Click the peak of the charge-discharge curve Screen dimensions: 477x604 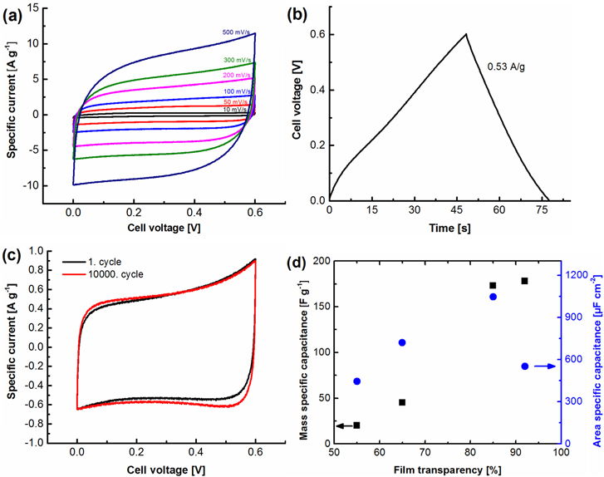(466, 34)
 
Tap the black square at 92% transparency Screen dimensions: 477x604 (524, 281)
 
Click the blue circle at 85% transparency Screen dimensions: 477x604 (493, 297)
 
